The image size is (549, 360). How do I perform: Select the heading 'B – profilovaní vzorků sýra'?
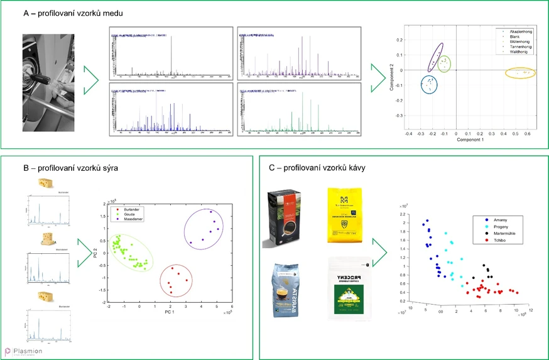tap(70, 168)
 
